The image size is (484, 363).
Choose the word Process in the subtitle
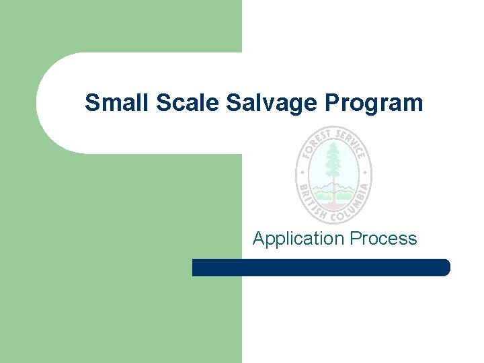tap(382, 239)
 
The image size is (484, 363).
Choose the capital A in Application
tap(259, 238)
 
